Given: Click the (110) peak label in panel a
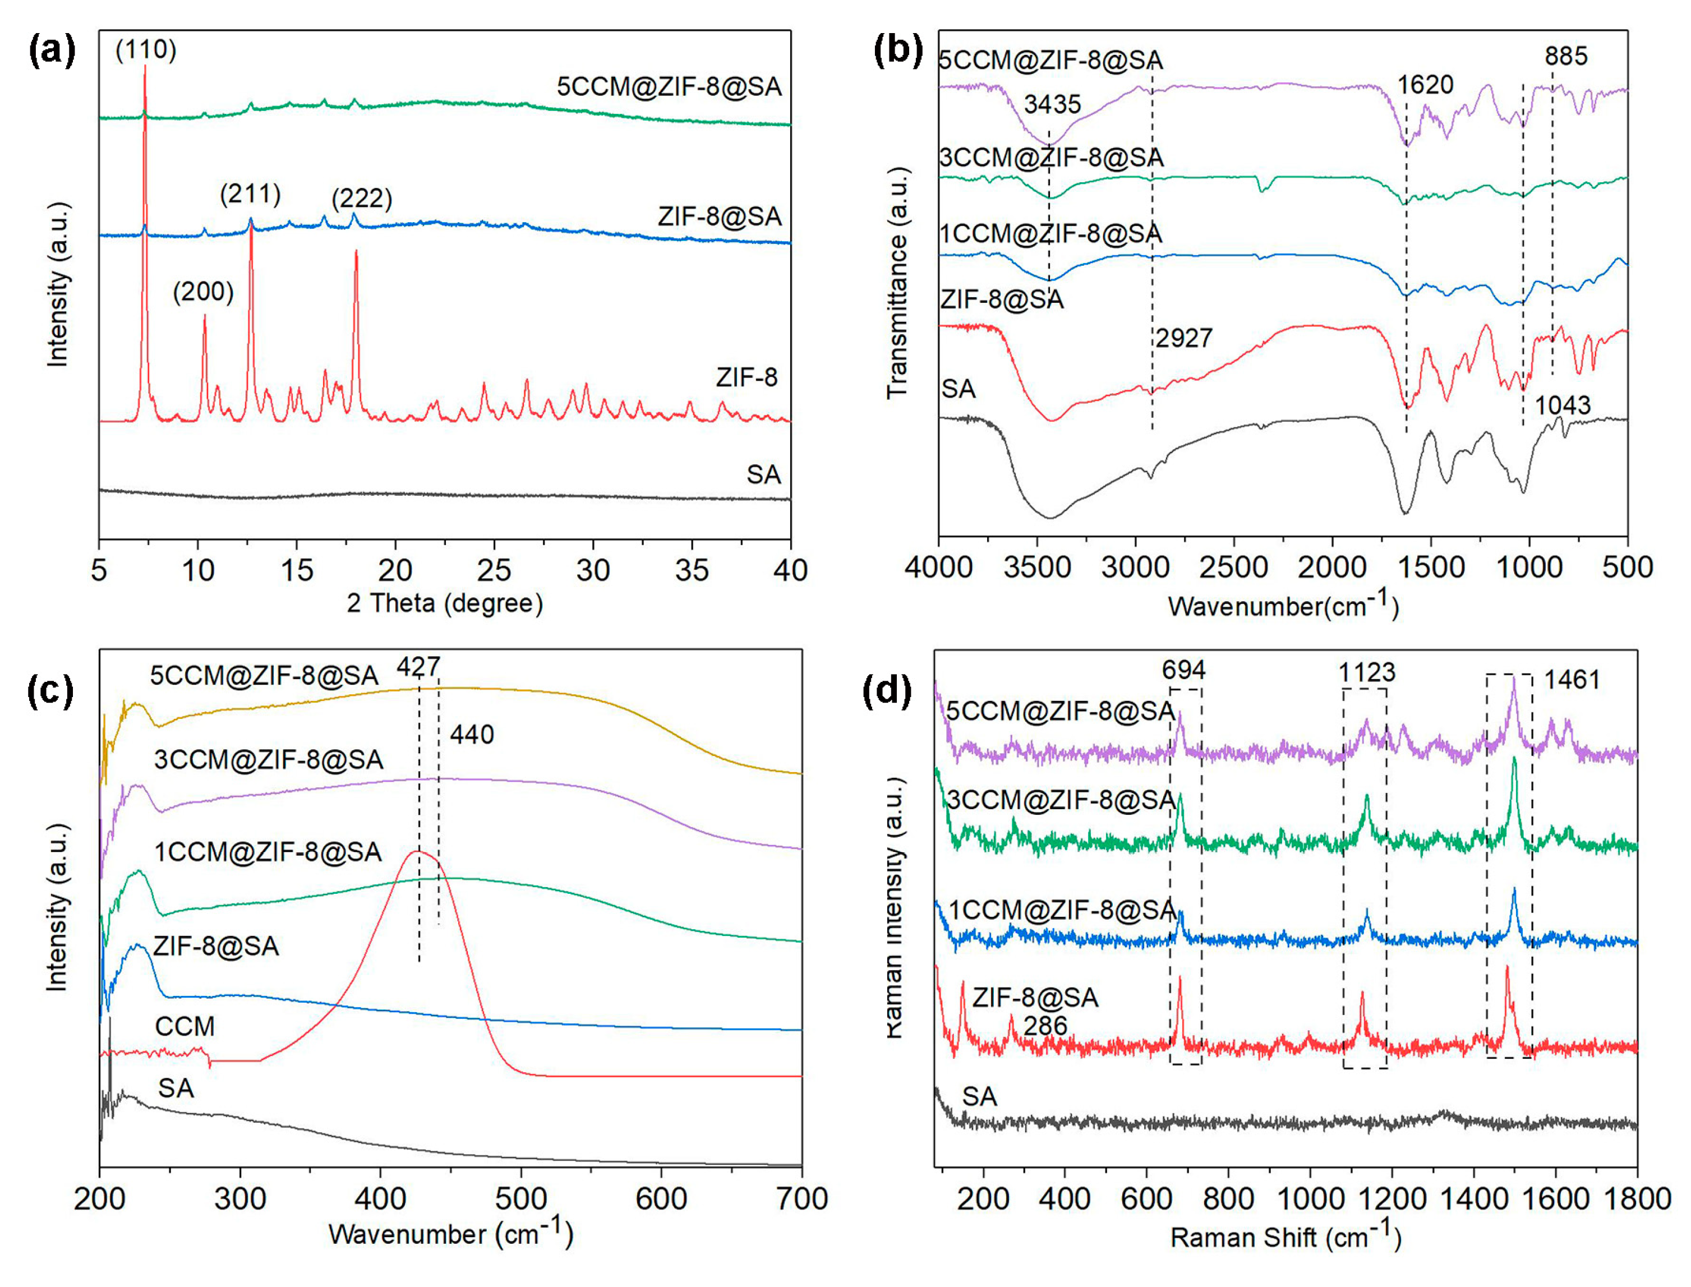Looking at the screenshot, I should pyautogui.click(x=146, y=50).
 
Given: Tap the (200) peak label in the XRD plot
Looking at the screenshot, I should pyautogui.click(x=202, y=292).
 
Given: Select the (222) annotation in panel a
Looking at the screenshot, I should pyautogui.click(x=362, y=199).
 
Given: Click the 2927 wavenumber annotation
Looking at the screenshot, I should pyautogui.click(x=1184, y=338).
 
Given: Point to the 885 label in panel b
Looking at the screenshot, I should pyautogui.click(x=1566, y=56).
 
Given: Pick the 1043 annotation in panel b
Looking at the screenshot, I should pyautogui.click(x=1562, y=405).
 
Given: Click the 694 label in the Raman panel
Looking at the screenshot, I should pyautogui.click(x=1184, y=670).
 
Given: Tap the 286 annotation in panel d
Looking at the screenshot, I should pyautogui.click(x=1044, y=1026).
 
